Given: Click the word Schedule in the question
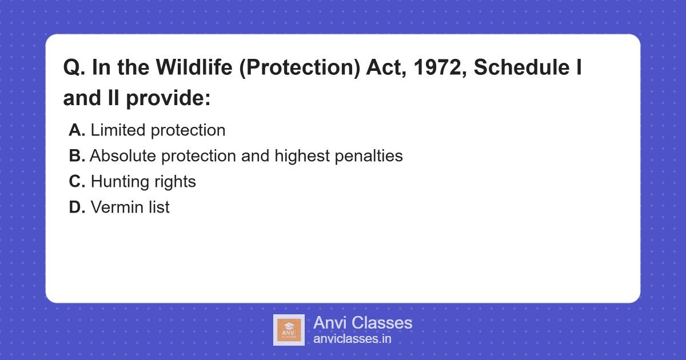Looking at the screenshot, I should [x=522, y=69].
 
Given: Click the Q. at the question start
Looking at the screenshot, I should [x=74, y=69].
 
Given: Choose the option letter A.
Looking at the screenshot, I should [x=77, y=130].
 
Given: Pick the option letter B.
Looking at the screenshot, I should [x=77, y=156].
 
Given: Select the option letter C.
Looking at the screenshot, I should [x=77, y=182].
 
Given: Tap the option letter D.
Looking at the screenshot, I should [x=77, y=207].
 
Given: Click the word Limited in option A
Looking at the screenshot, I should [x=118, y=130].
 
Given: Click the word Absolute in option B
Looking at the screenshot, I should [x=122, y=156].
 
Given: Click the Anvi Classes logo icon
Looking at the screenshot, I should [x=289, y=330].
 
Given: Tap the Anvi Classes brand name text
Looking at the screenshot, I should [x=362, y=323].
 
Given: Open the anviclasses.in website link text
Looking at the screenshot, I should [x=352, y=339].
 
